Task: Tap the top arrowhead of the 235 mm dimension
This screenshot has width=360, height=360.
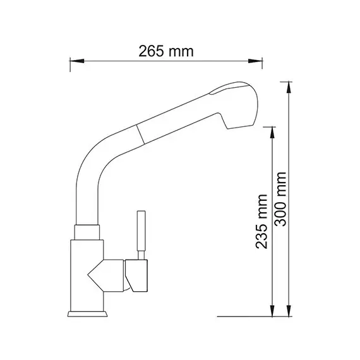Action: pos(272,131)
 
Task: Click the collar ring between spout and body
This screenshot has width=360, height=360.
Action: pos(88,232)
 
